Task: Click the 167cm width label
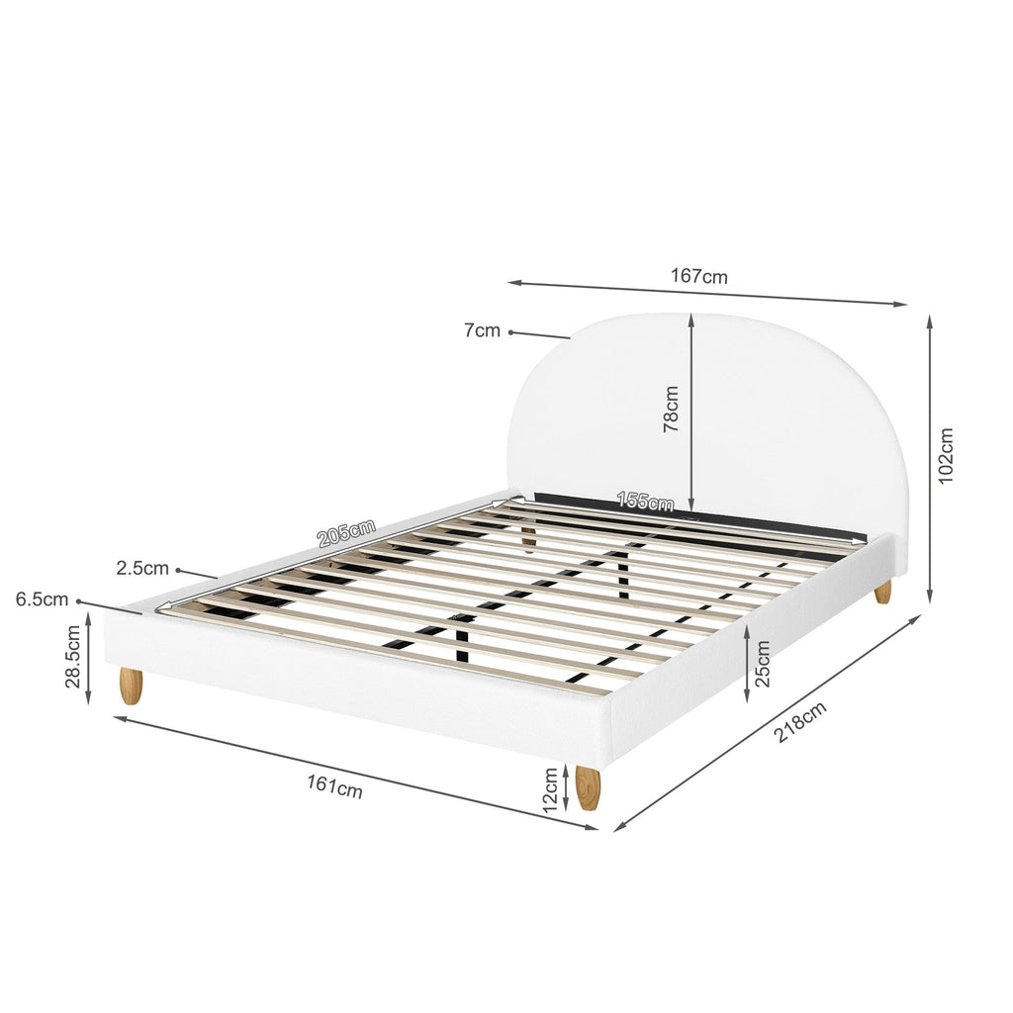point(699,276)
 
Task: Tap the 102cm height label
point(946,455)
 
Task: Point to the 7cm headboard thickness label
point(482,331)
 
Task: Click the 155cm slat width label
point(645,502)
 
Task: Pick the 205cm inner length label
point(346,534)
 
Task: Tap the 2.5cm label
point(142,569)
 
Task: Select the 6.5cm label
point(43,599)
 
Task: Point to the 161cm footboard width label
point(334,787)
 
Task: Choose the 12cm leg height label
point(550,789)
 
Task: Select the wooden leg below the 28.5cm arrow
point(131,686)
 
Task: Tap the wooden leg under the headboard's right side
point(882,592)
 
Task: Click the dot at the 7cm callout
point(510,332)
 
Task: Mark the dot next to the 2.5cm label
point(179,569)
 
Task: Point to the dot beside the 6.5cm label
point(78,600)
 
